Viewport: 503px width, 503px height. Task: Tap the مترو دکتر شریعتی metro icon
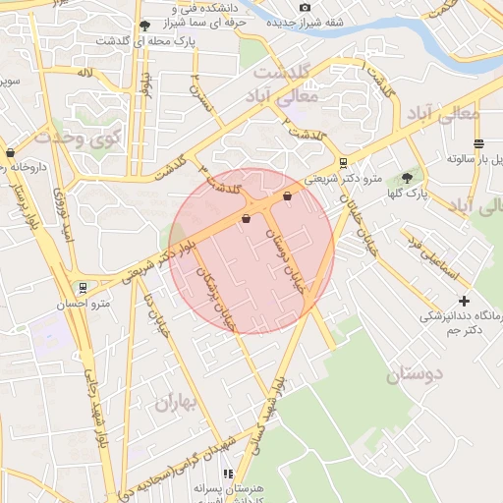(342, 163)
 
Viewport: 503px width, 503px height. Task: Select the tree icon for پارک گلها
(407, 178)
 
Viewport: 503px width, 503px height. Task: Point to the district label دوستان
(414, 373)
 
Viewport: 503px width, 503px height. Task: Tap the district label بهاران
(176, 403)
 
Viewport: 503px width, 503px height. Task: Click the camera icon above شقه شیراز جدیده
(306, 8)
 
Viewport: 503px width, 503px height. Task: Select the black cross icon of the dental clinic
(465, 300)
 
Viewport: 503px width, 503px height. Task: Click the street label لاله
(86, 74)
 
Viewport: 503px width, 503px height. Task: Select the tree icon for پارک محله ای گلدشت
(145, 26)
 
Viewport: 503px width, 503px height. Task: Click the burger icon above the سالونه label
(478, 142)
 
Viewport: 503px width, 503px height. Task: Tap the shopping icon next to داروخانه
(11, 152)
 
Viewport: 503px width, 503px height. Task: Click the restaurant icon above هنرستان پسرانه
(228, 474)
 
